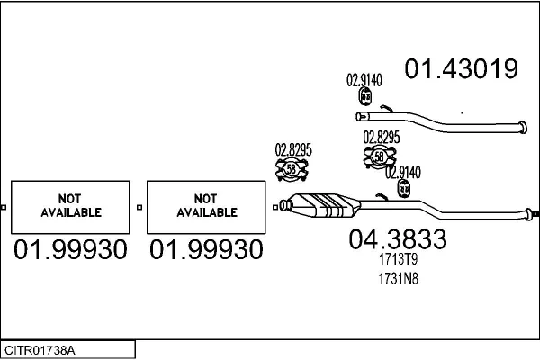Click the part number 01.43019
[461, 68]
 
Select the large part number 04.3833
[398, 239]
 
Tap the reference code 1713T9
[399, 259]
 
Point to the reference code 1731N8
[399, 279]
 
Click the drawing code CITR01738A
[40, 350]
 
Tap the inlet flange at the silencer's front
[284, 205]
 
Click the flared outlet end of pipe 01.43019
[522, 128]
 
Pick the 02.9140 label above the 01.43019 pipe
[364, 80]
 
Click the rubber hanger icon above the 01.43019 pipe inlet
[365, 96]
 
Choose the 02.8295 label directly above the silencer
[293, 150]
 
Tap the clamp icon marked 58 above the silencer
[292, 169]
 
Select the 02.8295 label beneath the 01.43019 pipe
[382, 138]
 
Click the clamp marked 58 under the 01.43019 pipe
[380, 157]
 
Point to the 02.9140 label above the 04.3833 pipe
[403, 173]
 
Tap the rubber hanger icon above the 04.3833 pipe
[403, 189]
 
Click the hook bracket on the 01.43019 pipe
[387, 109]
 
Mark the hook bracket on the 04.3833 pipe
[382, 197]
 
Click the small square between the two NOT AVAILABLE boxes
[139, 207]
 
